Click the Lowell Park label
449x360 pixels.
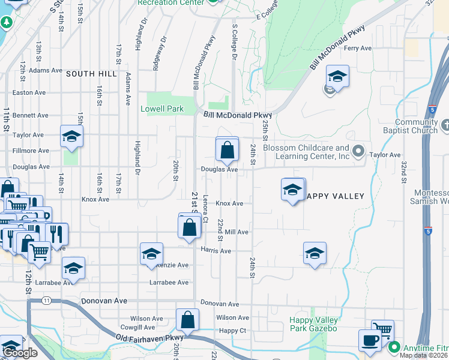(161, 109)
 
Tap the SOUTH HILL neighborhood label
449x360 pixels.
(91, 73)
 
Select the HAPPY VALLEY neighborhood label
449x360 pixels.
(335, 196)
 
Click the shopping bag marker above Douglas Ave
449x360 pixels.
(227, 150)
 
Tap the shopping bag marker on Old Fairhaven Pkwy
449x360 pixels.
(187, 320)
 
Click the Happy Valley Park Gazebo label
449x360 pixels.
(313, 324)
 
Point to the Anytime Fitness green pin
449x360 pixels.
(394, 347)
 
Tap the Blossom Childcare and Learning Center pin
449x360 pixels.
(359, 151)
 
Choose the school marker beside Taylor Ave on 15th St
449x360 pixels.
(71, 136)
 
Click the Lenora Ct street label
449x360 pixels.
(205, 210)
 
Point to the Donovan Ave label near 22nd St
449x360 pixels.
(220, 304)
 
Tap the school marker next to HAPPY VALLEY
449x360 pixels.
(292, 190)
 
